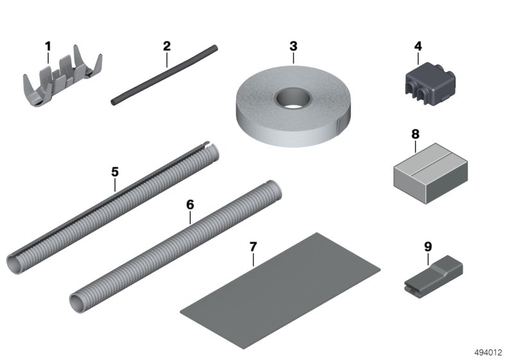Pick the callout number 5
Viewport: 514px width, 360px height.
pyautogui.click(x=115, y=172)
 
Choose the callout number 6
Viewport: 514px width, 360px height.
pyautogui.click(x=190, y=204)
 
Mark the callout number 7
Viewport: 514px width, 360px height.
pyautogui.click(x=253, y=247)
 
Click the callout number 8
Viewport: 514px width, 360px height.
pyautogui.click(x=415, y=134)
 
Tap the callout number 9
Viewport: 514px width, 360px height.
pyautogui.click(x=428, y=246)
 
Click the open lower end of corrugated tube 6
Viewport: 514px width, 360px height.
pyautogui.click(x=78, y=300)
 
